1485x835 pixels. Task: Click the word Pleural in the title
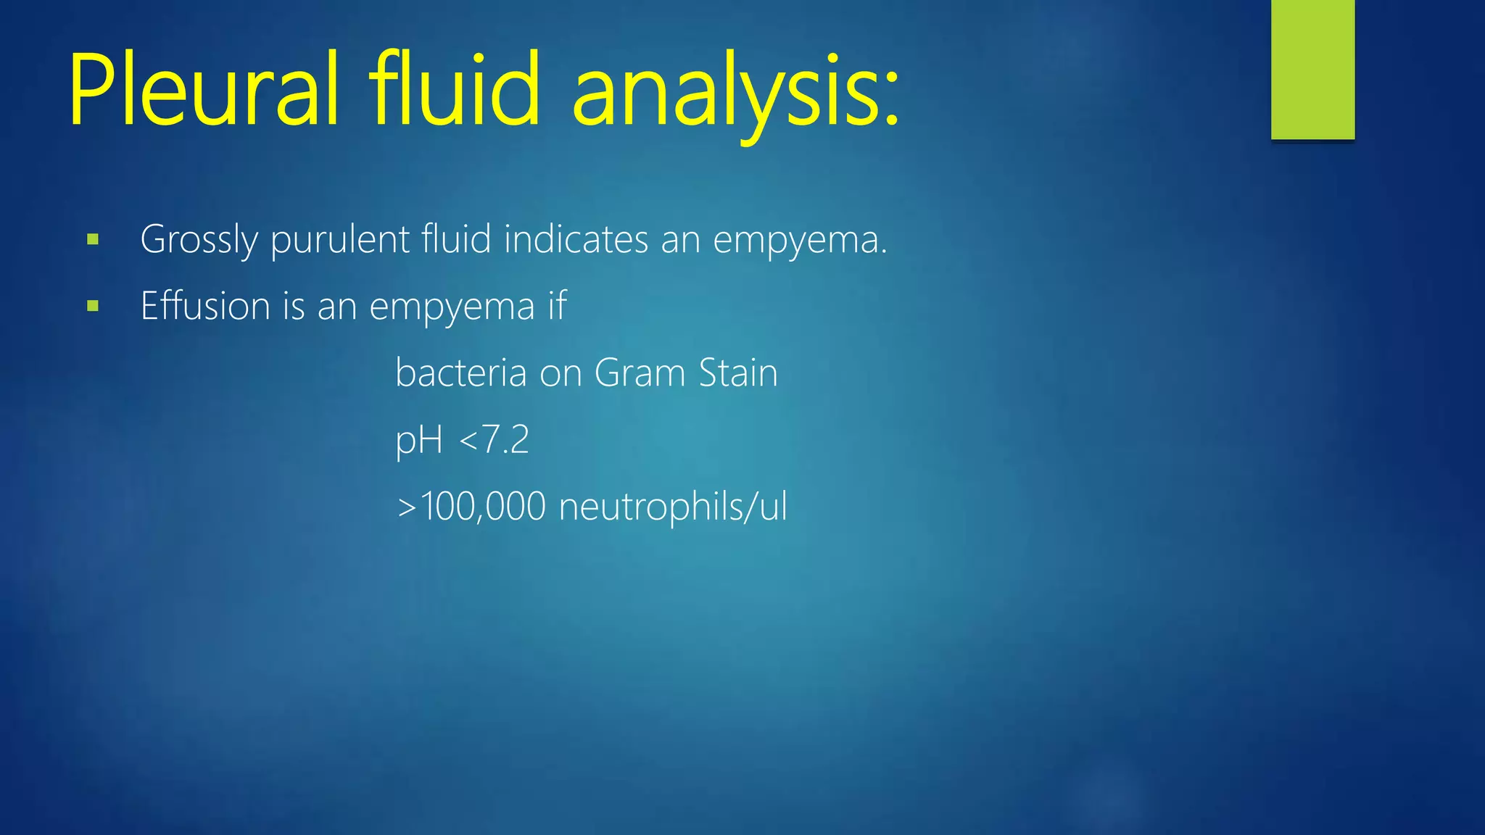click(x=204, y=91)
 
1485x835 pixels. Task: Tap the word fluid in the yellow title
click(x=455, y=91)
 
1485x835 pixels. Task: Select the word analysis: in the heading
click(x=735, y=94)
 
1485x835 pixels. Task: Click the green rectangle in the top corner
click(x=1312, y=70)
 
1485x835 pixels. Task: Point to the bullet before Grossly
click(x=92, y=239)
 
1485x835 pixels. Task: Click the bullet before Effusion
click(x=92, y=306)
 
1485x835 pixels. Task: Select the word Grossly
click(x=199, y=241)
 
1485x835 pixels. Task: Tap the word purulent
click(x=340, y=239)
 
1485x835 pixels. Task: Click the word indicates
click(x=576, y=239)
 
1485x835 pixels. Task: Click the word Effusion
click(x=205, y=306)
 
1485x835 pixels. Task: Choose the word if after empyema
click(x=557, y=306)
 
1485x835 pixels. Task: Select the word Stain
click(x=738, y=373)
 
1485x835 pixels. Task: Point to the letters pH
click(x=418, y=441)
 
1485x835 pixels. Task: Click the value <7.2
click(x=494, y=440)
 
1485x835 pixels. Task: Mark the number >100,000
click(x=471, y=507)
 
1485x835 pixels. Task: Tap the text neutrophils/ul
click(x=672, y=507)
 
